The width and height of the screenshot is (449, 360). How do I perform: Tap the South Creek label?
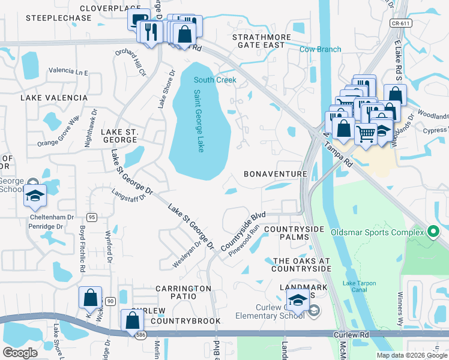[214, 80]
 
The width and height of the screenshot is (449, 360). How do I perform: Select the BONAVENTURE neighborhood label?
[276, 174]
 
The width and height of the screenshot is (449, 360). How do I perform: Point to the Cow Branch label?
[320, 49]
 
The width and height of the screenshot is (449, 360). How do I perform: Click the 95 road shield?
[91, 217]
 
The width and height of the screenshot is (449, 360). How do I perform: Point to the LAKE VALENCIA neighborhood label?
[46, 97]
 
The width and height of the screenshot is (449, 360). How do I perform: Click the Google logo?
[20, 353]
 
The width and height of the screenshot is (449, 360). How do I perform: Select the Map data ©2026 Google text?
[411, 355]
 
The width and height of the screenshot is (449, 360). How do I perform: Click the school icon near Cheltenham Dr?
[35, 196]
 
